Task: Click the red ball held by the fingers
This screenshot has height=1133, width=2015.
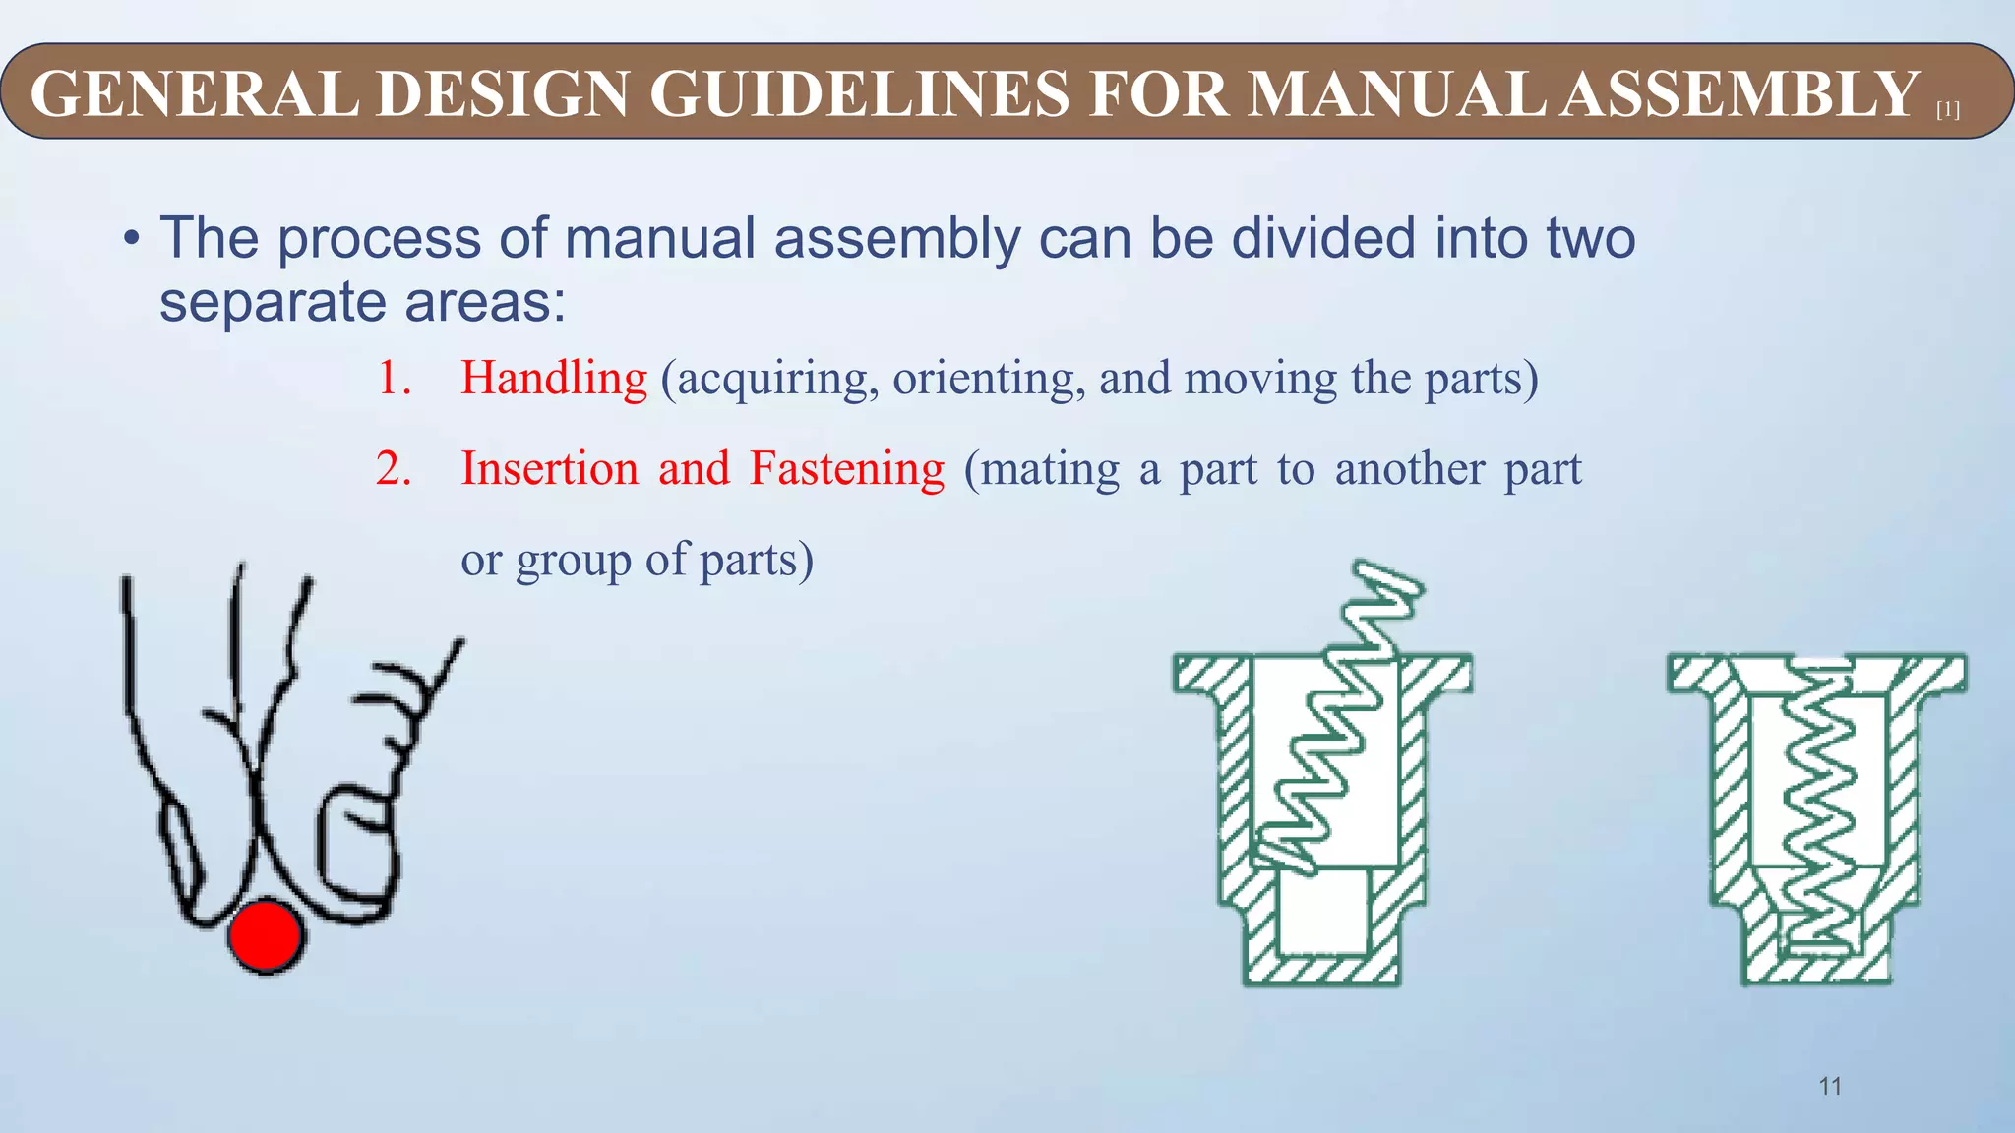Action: click(264, 935)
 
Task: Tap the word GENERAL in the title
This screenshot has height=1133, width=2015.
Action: click(195, 94)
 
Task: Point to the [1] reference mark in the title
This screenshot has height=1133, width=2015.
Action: click(1947, 111)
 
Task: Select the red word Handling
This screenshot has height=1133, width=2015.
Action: click(554, 378)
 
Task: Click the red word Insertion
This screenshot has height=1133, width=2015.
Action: click(550, 468)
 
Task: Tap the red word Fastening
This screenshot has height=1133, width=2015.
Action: click(846, 469)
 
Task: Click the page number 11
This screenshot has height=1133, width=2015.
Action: click(1830, 1086)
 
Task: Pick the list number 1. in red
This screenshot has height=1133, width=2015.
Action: click(394, 379)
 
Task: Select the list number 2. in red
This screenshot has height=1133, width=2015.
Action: click(394, 469)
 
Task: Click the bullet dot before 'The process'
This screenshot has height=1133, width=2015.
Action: click(131, 240)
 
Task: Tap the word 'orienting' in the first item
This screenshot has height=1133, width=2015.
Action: click(989, 379)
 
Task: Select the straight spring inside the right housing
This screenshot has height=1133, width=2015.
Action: click(1818, 806)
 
